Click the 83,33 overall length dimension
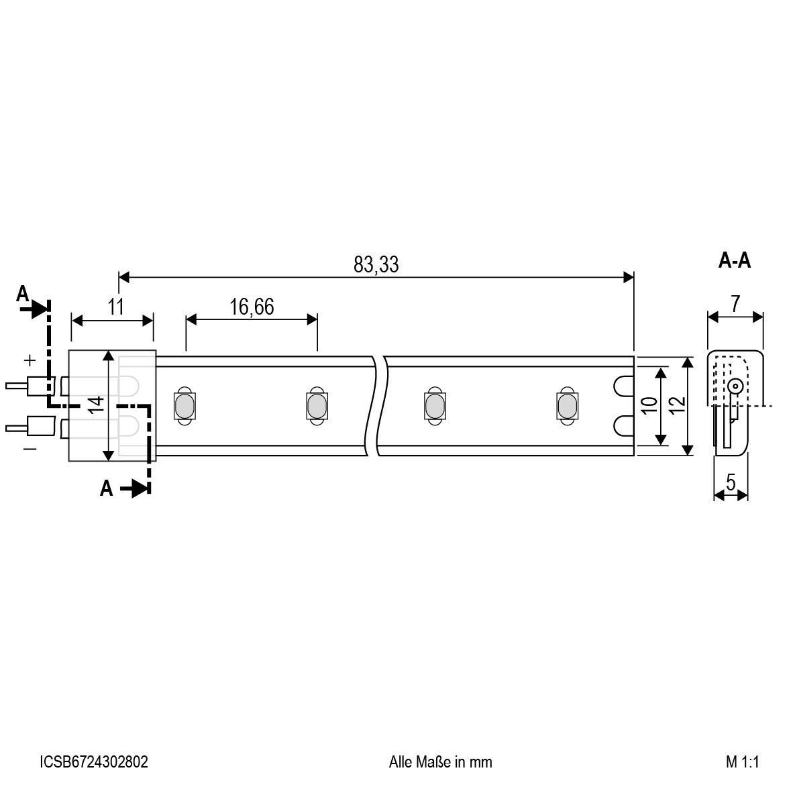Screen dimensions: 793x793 pos(376,265)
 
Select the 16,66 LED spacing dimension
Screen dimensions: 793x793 pos(252,307)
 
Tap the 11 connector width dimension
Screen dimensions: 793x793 pos(116,307)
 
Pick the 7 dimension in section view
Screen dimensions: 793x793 pos(735,304)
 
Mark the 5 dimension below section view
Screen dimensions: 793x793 pos(731,482)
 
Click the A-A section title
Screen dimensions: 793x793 pos(735,260)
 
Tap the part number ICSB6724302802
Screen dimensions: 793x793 pos(94,762)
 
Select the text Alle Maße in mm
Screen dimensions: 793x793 pos(440,762)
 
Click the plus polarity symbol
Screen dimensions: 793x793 pos(30,360)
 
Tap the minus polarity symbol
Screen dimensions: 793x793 pos(30,448)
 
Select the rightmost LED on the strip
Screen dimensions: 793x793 pos(566,405)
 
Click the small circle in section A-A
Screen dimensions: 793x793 pos(735,386)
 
